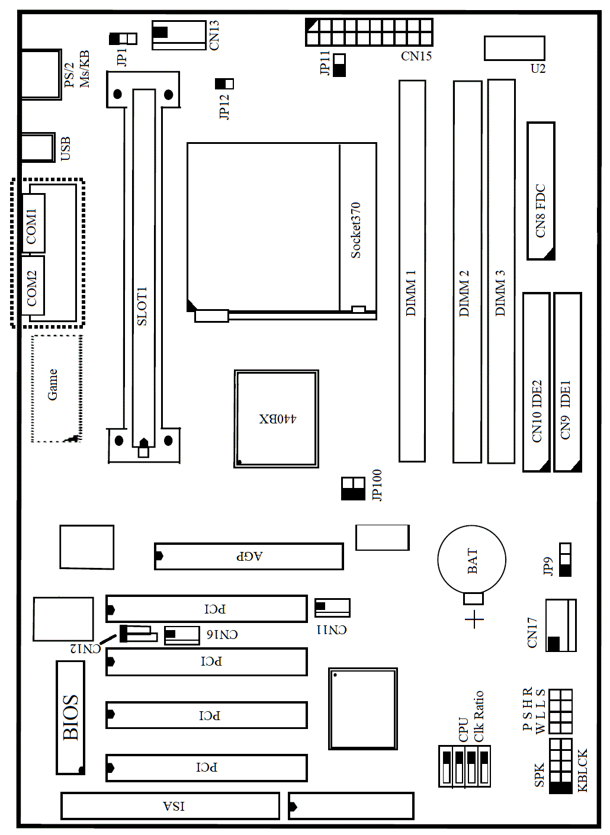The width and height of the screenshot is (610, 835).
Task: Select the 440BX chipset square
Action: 277,419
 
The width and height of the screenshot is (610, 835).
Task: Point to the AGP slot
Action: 249,556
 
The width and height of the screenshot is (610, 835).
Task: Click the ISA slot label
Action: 174,807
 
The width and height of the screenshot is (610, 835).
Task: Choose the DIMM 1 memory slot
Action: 412,271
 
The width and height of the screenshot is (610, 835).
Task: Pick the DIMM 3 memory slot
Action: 501,271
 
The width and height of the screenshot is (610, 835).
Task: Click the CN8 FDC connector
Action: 541,191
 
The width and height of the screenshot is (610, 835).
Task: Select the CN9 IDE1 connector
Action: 567,382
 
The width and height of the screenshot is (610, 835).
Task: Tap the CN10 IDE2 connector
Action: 536,382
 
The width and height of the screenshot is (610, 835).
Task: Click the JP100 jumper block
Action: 353,489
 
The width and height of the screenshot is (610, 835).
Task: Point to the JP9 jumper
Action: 565,560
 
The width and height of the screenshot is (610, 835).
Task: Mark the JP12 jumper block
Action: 224,83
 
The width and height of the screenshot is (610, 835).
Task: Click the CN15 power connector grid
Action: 369,32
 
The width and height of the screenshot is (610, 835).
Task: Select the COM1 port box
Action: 33,223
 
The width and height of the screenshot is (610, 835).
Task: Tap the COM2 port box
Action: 33,285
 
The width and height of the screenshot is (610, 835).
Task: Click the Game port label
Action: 52,384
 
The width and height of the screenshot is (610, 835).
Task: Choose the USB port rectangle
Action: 38,147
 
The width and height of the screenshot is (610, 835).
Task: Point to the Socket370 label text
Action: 356,230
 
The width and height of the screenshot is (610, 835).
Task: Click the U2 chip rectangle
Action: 514,48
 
